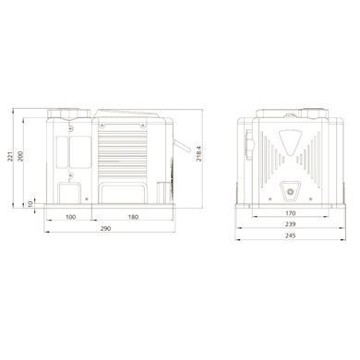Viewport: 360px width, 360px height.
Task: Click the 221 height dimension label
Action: coord(9,156)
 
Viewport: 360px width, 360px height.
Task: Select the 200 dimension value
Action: coord(20,156)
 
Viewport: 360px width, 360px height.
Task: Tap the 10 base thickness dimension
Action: coord(30,204)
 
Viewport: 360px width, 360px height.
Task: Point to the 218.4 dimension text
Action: coord(198,153)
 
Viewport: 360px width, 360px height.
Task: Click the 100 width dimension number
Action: coord(71,217)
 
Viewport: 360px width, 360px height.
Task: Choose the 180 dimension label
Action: coord(133,217)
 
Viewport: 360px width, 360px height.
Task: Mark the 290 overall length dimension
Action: coord(105,228)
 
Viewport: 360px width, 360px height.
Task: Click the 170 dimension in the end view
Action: coord(291,213)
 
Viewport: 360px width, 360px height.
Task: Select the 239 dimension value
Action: coord(290,224)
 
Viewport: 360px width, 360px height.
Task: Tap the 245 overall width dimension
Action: coord(290,235)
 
